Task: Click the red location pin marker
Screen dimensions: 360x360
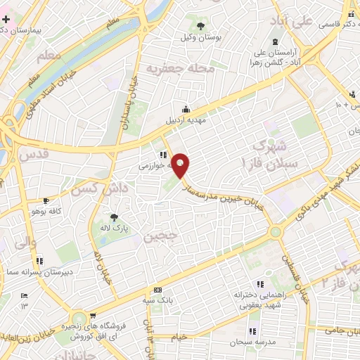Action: click(181, 165)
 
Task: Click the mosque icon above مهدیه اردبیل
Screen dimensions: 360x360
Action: click(185, 109)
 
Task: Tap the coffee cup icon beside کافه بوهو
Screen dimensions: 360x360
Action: click(26, 210)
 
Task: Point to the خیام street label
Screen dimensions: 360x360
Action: click(181, 337)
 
